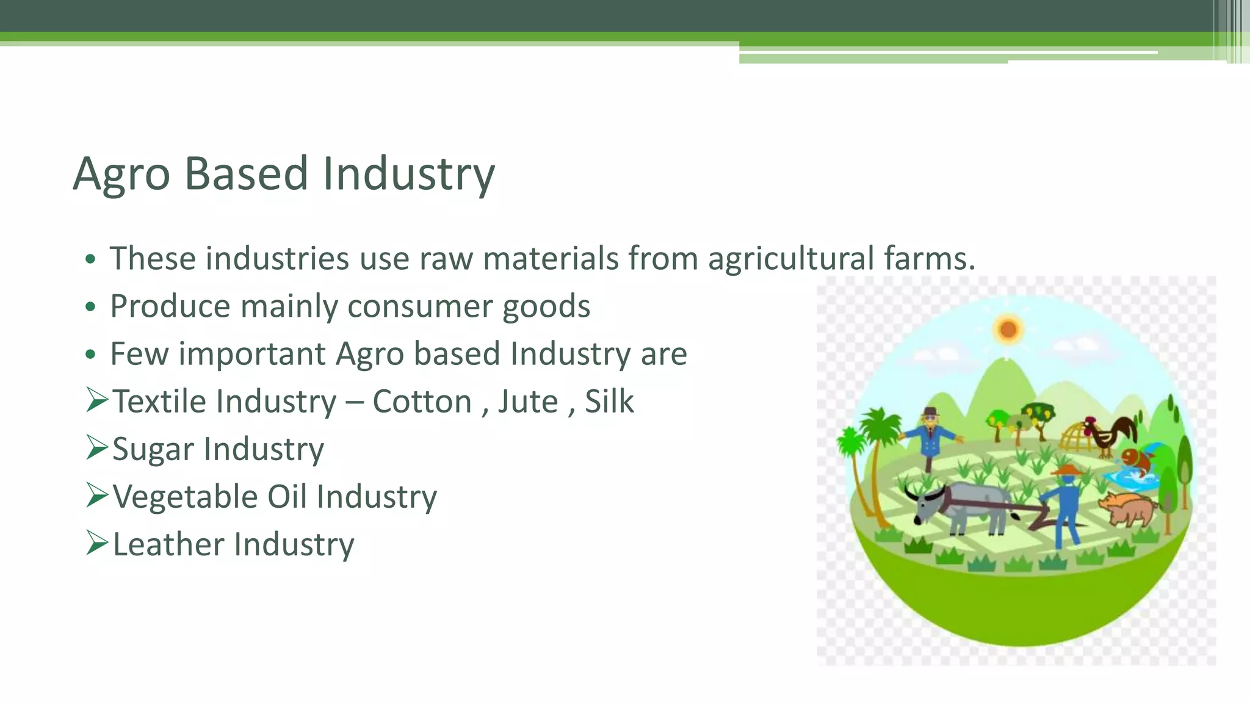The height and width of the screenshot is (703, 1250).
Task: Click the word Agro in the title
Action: (x=121, y=175)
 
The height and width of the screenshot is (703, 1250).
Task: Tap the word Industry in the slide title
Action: (x=408, y=175)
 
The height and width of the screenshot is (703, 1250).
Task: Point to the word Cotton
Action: (x=422, y=402)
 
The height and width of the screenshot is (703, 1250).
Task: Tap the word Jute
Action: (x=528, y=402)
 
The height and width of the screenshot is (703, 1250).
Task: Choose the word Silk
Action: (x=609, y=402)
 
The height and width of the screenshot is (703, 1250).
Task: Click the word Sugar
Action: (x=153, y=450)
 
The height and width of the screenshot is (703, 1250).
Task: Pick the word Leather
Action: (x=168, y=544)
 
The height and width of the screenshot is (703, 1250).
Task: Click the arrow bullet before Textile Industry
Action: (x=97, y=400)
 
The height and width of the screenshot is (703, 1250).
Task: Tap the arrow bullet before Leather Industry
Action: (x=97, y=543)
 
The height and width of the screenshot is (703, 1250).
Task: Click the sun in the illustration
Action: (x=1008, y=330)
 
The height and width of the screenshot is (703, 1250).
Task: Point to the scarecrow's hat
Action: (x=930, y=411)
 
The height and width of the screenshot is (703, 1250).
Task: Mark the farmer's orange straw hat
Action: (x=1066, y=470)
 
